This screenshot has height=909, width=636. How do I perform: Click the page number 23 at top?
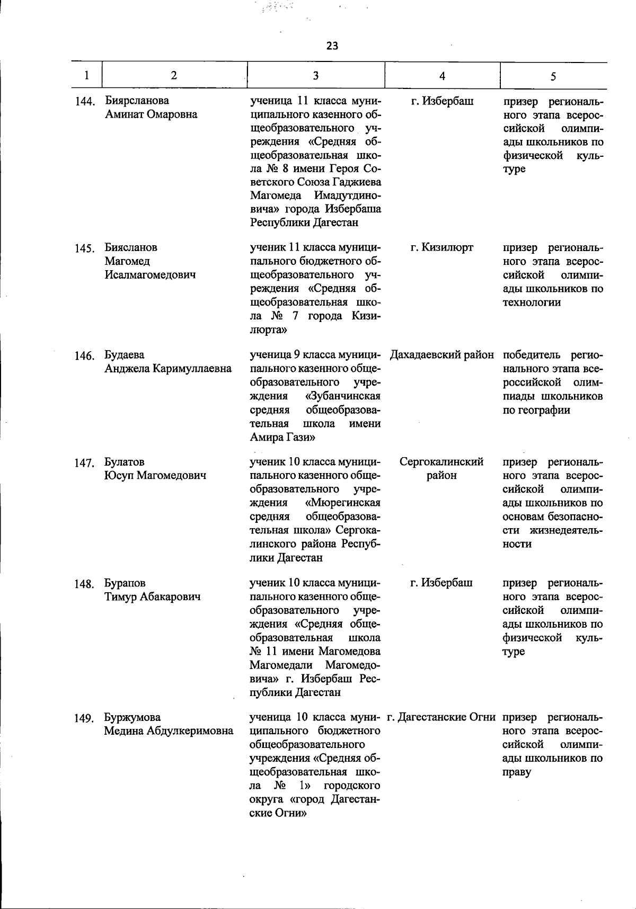pyautogui.click(x=332, y=46)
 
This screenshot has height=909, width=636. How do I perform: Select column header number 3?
pyautogui.click(x=315, y=75)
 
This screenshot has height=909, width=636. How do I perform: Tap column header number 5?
pyautogui.click(x=553, y=76)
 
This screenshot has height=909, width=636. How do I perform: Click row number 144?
pyautogui.click(x=85, y=101)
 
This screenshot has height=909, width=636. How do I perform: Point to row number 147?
pyautogui.click(x=85, y=463)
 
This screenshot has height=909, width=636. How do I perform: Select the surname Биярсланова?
pyautogui.click(x=137, y=101)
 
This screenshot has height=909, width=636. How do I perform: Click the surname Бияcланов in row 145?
pyautogui.click(x=131, y=247)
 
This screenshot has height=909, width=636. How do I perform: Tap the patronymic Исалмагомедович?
pyautogui.click(x=150, y=275)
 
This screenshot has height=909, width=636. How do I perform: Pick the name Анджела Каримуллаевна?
pyautogui.click(x=168, y=369)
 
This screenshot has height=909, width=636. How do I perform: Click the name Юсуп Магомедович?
pyautogui.click(x=155, y=476)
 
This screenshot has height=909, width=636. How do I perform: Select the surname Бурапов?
pyautogui.click(x=125, y=583)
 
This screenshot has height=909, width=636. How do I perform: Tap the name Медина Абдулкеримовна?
pyautogui.click(x=169, y=731)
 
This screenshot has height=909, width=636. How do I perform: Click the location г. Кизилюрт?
pyautogui.click(x=441, y=247)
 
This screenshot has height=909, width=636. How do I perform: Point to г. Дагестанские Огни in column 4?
pyautogui.click(x=441, y=717)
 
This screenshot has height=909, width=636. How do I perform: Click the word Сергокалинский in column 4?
pyautogui.click(x=441, y=462)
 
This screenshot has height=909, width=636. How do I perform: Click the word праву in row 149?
pyautogui.click(x=517, y=772)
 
